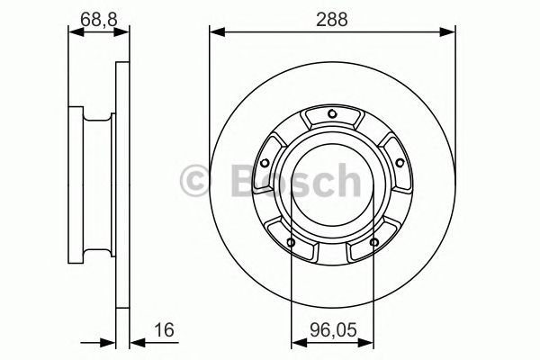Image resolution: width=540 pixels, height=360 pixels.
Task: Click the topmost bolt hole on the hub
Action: (333, 112)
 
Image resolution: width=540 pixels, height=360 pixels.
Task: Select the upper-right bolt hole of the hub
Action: (398, 162)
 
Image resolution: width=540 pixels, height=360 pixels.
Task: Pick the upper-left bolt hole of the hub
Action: (267, 162)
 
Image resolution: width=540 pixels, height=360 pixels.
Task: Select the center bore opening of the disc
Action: (333, 180)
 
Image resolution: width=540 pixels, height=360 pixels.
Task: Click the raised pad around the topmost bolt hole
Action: (333, 120)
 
